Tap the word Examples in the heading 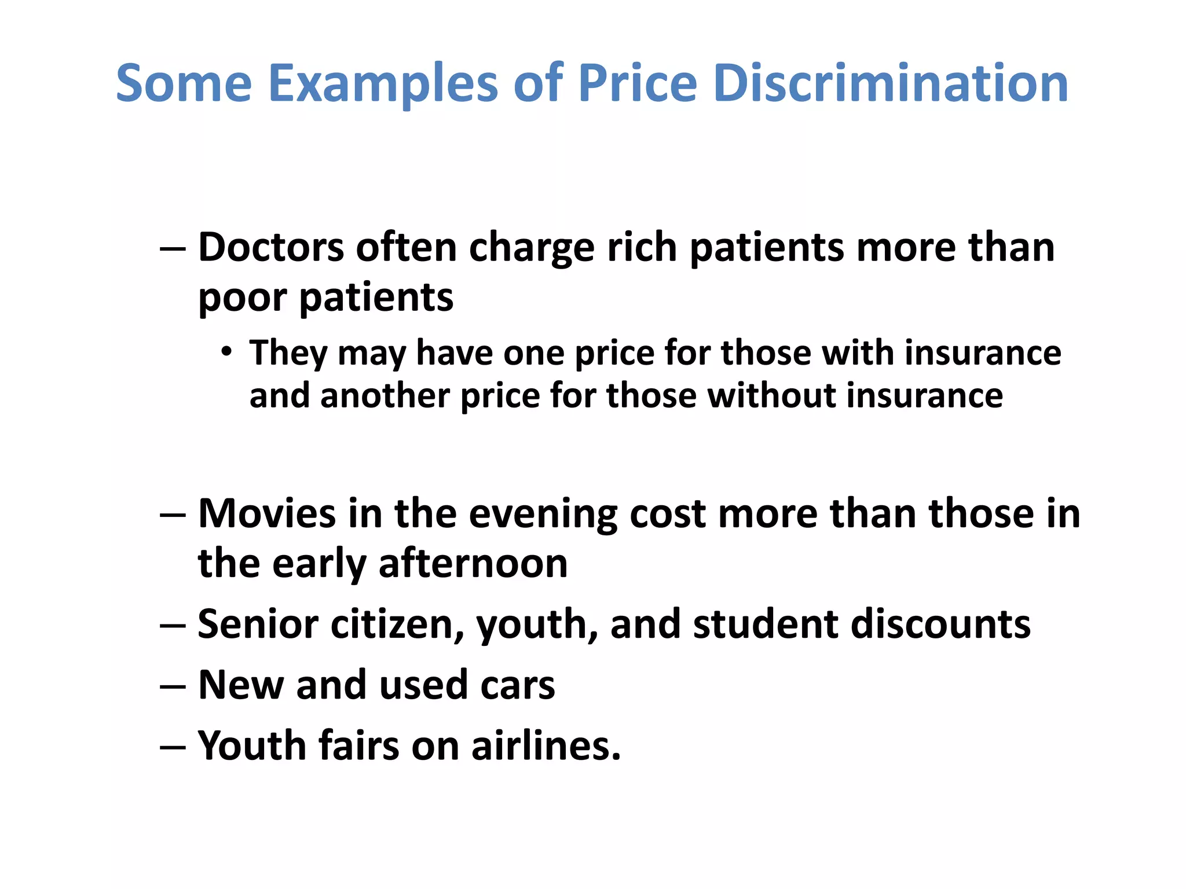(382, 84)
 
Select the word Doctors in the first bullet (271, 248)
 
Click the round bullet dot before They (226, 351)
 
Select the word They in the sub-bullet (288, 353)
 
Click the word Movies (266, 514)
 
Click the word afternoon (473, 564)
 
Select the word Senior (258, 624)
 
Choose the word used (423, 685)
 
